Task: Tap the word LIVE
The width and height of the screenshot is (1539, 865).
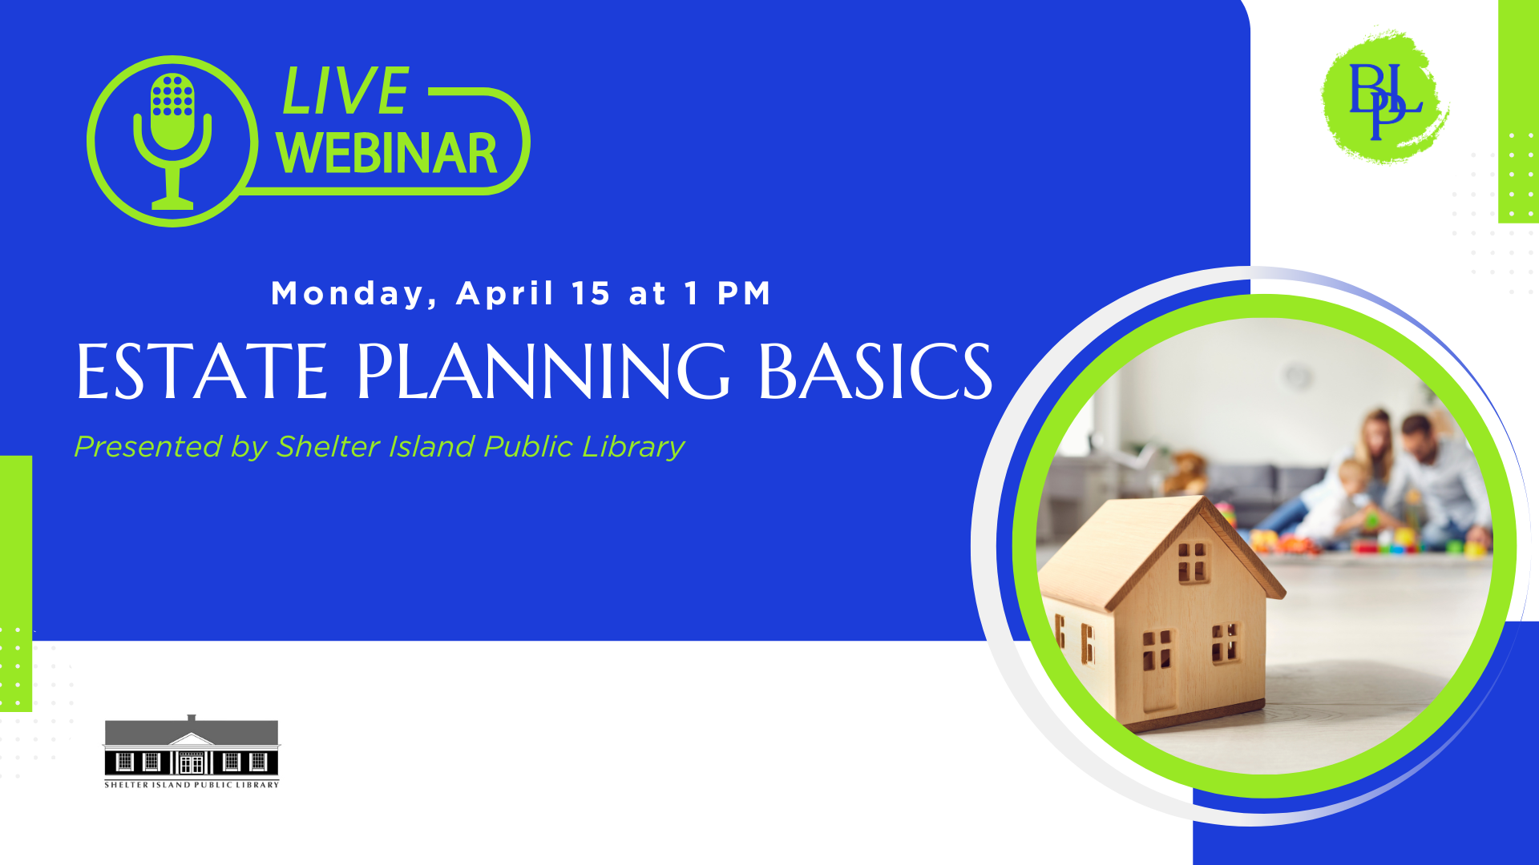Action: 345,91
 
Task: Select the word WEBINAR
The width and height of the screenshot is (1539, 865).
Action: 387,153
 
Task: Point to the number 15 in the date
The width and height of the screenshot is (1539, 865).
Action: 592,293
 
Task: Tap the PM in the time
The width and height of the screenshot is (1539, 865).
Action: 744,293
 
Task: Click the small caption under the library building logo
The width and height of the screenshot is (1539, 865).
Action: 192,785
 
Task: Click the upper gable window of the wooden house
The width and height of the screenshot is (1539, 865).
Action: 1192,561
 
